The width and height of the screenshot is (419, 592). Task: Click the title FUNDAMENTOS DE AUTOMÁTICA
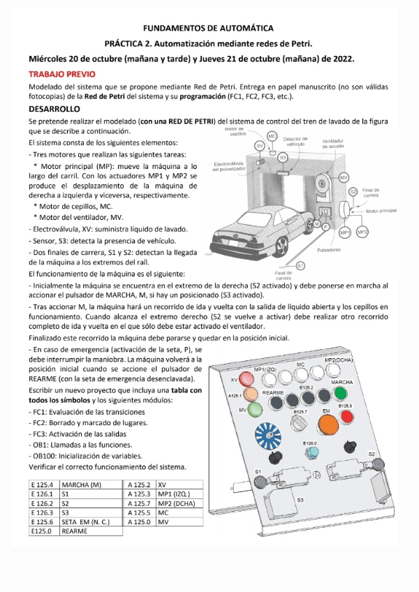tap(208, 29)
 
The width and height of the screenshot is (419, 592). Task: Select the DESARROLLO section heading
tap(54, 109)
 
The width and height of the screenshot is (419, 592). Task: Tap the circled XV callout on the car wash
tap(260, 145)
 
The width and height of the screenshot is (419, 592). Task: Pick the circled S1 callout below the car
tap(300, 265)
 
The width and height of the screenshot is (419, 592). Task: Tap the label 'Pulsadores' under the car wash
tap(329, 249)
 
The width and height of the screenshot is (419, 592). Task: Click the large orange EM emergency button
tap(328, 422)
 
